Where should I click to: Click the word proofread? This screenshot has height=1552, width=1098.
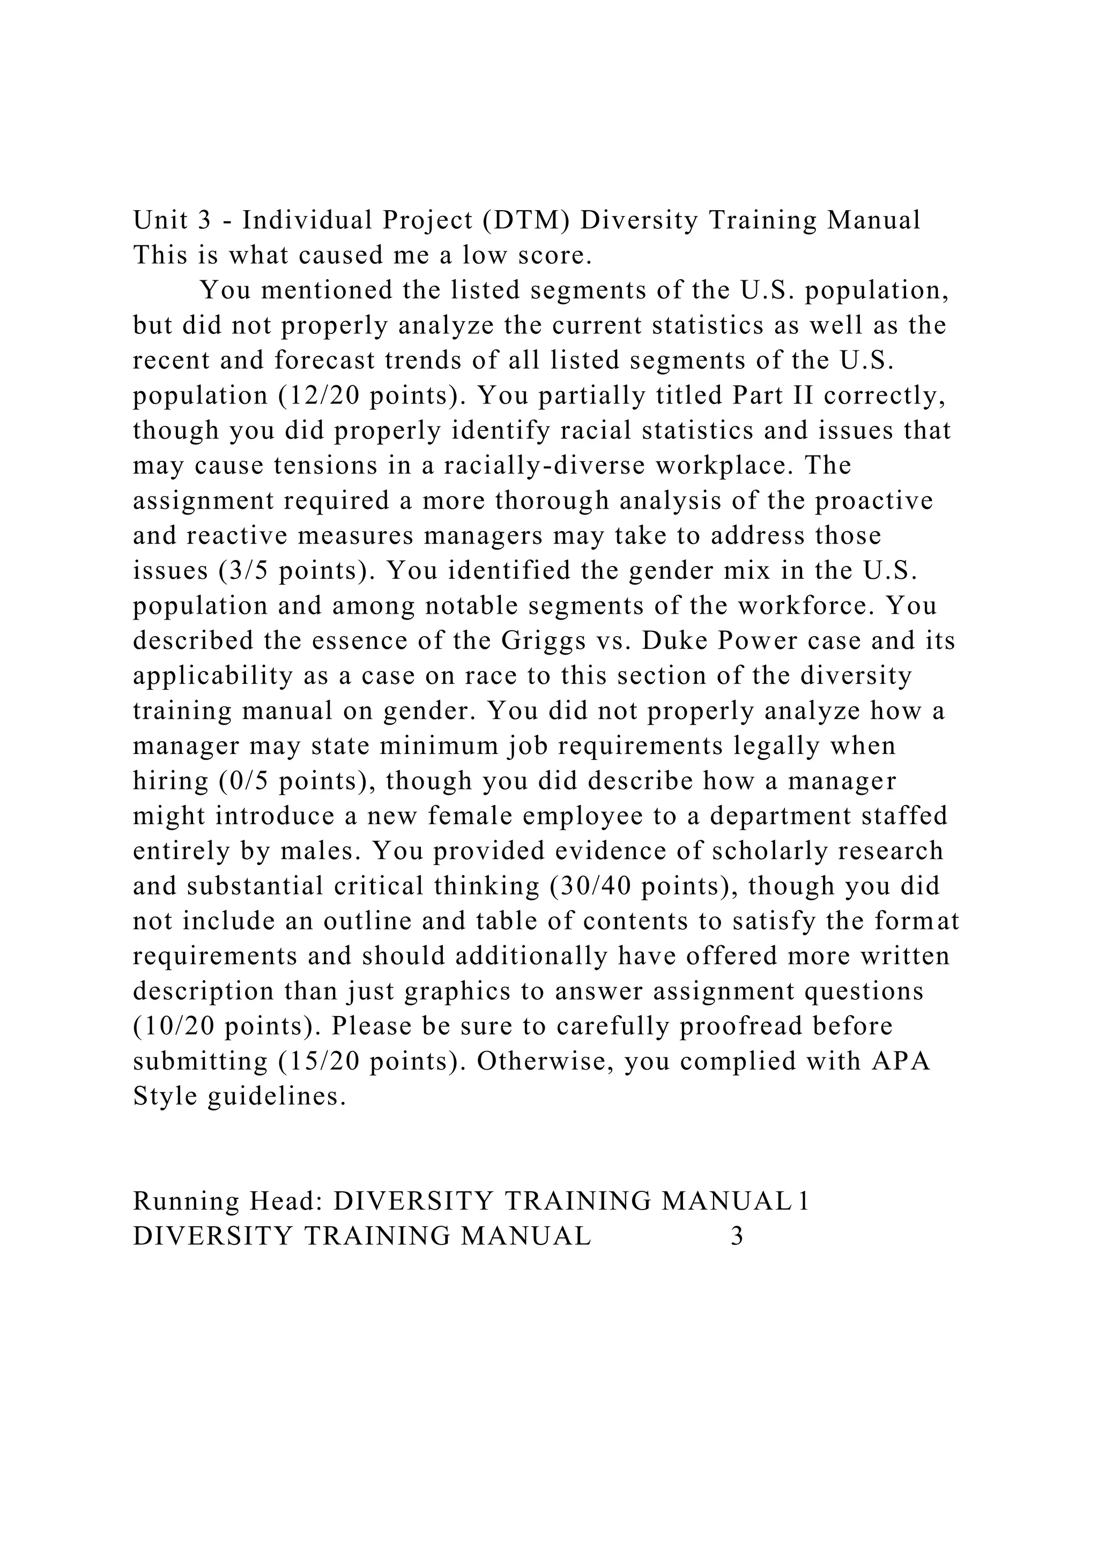click(741, 1026)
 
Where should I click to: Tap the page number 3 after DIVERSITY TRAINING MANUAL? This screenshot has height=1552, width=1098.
click(737, 1236)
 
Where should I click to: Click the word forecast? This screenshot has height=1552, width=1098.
click(324, 360)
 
